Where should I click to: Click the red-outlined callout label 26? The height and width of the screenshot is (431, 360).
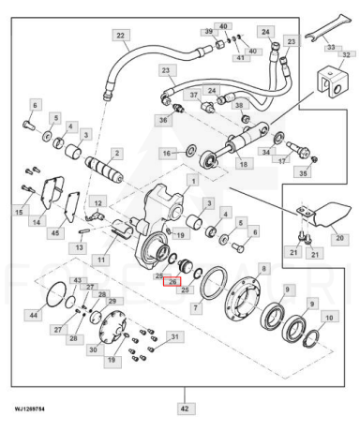coord(172,281)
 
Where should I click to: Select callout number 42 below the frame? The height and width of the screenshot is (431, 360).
coord(185,409)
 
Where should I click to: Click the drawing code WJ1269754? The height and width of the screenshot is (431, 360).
coord(29,409)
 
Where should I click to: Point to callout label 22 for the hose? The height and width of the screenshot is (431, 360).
coord(121,36)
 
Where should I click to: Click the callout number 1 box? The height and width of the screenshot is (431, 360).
coord(193,181)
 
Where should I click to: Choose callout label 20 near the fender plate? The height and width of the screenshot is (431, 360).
coord(339,238)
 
